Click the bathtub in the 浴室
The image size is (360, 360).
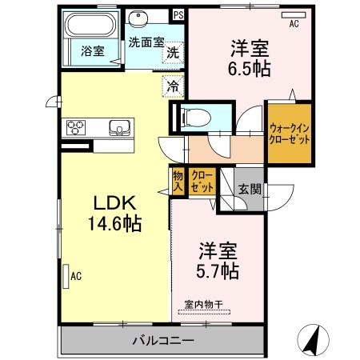click(x=91, y=26)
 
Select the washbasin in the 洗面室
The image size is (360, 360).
click(x=138, y=19)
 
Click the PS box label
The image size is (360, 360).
click(x=178, y=14)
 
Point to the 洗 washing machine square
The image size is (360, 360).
click(x=172, y=54)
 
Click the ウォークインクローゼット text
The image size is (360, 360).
click(x=290, y=132)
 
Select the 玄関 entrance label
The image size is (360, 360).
click(x=249, y=189)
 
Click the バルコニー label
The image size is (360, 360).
click(x=163, y=340)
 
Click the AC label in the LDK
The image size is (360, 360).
click(x=77, y=276)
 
